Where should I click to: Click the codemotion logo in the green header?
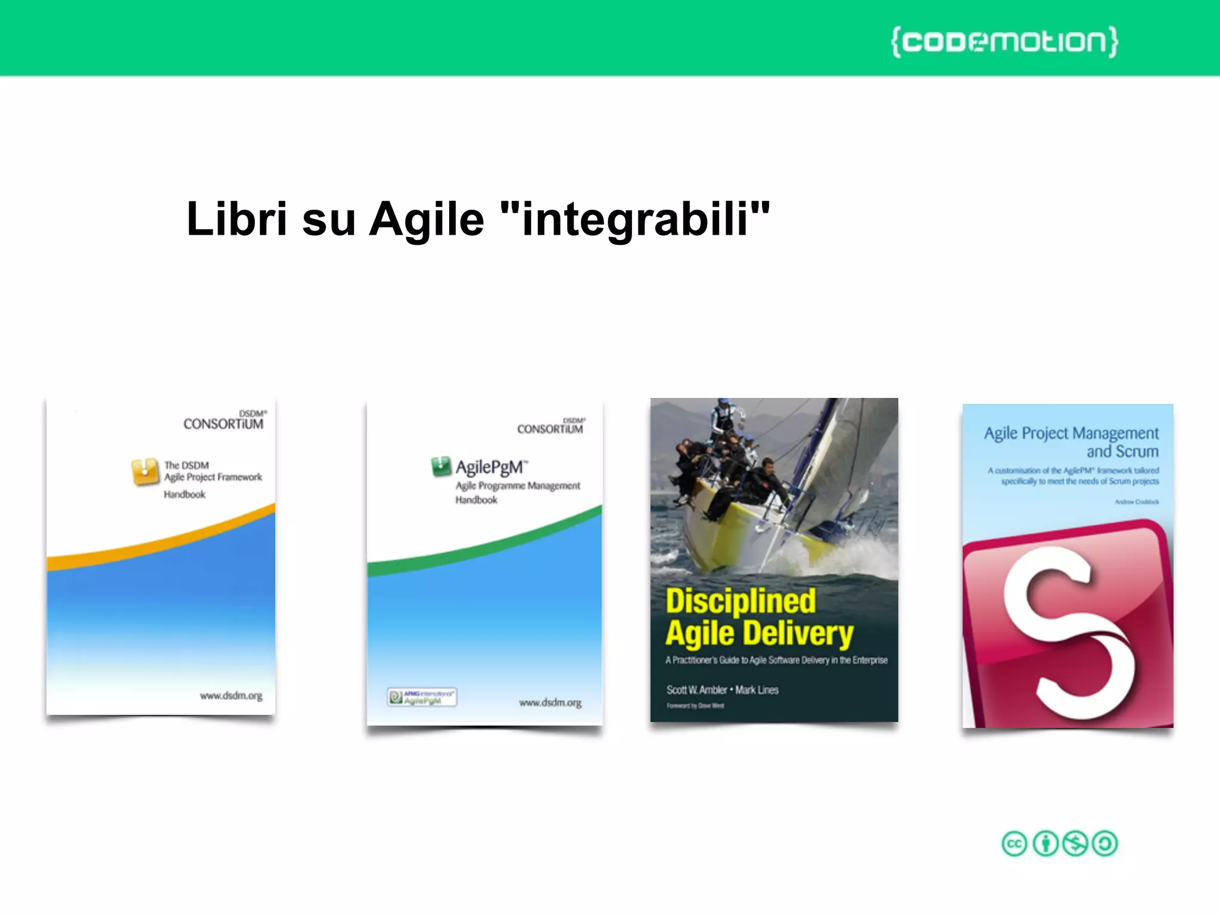1004,42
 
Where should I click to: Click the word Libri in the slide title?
237,219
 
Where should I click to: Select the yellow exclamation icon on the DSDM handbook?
145,471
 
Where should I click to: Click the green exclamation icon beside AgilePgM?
441,466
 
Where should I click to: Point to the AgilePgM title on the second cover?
490,468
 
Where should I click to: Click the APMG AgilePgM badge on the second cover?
422,697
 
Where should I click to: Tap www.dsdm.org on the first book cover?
231,696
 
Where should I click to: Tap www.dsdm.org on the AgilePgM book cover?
550,703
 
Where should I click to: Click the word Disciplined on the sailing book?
740,600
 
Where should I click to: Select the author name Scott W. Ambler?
696,690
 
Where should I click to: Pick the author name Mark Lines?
757,690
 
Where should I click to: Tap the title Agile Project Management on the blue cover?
1071,433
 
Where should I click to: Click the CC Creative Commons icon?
1014,844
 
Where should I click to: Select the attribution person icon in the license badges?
1045,844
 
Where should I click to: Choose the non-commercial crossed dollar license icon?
1075,844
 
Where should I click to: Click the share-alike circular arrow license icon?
1105,844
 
